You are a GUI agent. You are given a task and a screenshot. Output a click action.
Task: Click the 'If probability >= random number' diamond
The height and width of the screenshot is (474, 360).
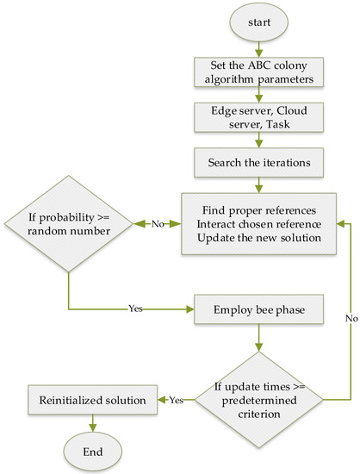pos(67,225)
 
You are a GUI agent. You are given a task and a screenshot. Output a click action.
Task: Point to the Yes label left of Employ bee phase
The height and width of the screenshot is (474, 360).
pos(136,308)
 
